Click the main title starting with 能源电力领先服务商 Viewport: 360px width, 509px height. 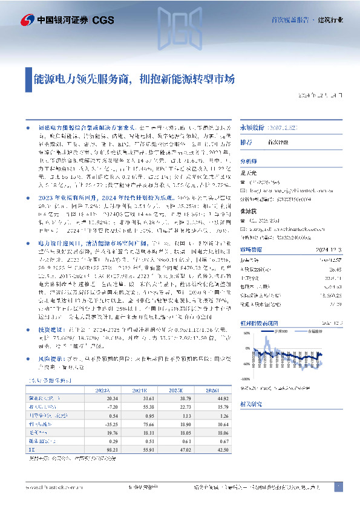[x=134, y=79]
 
